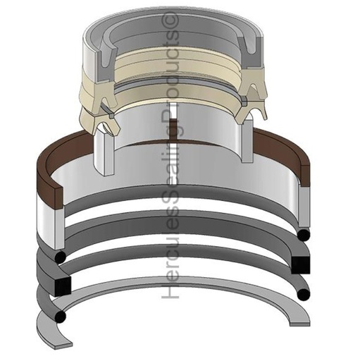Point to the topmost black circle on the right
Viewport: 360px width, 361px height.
pyautogui.click(x=304, y=233)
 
